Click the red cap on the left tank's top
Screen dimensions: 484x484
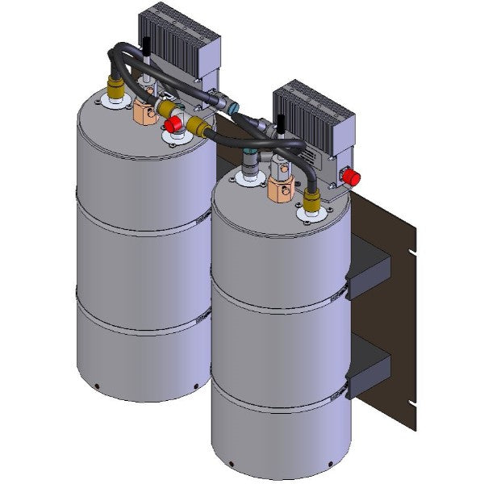[171, 124]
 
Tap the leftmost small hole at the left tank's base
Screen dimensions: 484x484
[96, 384]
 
